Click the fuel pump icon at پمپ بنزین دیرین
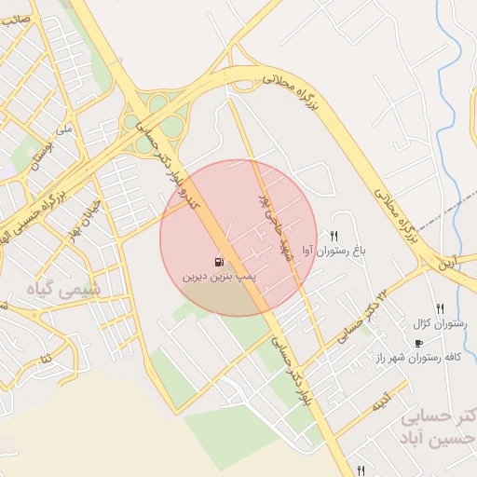218,262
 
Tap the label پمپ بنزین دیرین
218,278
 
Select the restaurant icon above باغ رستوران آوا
334,236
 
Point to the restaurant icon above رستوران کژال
440,308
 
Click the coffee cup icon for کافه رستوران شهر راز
418,343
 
